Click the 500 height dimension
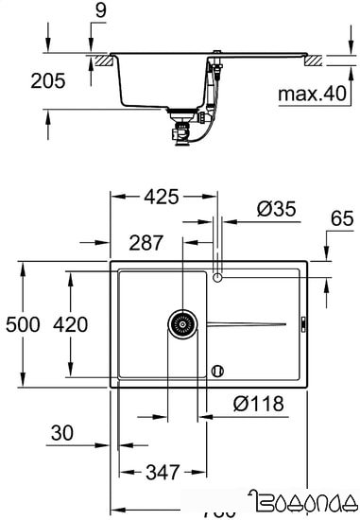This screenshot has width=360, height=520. click(22, 325)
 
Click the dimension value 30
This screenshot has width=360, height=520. click(62, 433)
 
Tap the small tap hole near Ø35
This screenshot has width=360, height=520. click(218, 278)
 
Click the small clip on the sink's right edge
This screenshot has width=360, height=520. click(303, 323)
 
